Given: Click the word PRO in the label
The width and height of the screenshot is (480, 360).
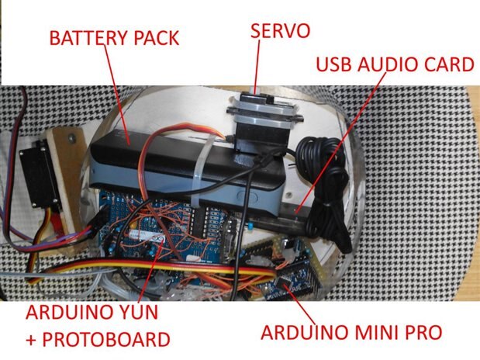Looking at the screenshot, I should (419, 333).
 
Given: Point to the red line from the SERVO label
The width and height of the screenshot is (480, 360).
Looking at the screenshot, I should (259, 70).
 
